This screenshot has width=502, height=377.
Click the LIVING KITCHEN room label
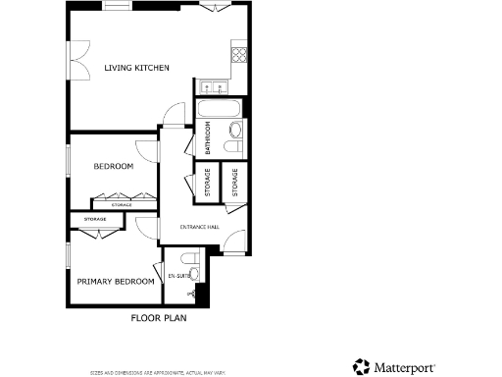click(137, 68)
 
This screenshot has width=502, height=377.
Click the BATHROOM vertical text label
click(208, 138)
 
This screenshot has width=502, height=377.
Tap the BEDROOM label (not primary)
click(113, 167)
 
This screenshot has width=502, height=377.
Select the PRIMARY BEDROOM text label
click(116, 281)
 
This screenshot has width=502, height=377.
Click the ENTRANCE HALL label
click(199, 227)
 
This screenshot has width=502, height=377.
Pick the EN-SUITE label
click(178, 277)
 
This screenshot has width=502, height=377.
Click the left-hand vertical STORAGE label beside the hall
click(208, 183)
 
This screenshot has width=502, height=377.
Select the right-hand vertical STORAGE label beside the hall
click(235, 183)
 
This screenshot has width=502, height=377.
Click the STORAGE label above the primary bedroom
click(95, 219)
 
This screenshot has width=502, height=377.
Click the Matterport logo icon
click(362, 366)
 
